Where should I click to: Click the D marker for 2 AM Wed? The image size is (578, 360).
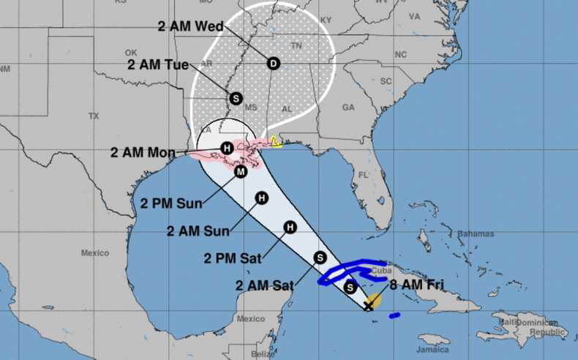point(273,64)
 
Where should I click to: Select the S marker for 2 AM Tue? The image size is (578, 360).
point(236,98)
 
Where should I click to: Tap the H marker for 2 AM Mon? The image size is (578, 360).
point(228,149)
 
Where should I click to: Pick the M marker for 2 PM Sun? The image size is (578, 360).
point(240,172)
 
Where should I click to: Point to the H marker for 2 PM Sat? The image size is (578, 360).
point(290,228)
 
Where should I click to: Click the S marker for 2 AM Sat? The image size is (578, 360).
point(319,257)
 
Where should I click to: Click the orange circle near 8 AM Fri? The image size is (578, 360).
point(374,300)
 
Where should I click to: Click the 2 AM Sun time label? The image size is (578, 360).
point(198,231)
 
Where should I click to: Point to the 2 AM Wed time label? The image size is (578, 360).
point(190,26)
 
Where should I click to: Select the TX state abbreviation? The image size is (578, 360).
point(93,116)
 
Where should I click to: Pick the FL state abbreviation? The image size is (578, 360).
point(362,174)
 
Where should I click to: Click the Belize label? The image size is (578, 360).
point(266,354)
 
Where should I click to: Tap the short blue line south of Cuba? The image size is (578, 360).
point(394,315)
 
